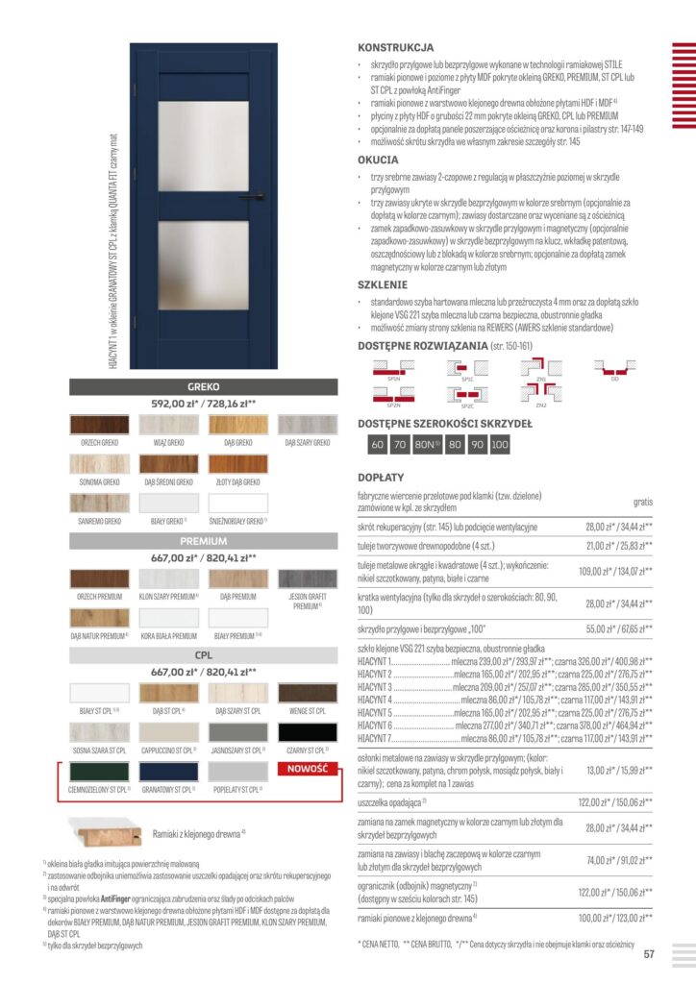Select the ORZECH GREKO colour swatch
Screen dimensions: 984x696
click(99, 425)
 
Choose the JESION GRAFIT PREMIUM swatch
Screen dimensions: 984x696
click(308, 578)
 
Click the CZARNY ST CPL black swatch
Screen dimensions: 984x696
click(308, 733)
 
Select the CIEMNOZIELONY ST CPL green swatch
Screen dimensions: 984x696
click(99, 772)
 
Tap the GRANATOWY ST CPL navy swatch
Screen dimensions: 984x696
click(168, 772)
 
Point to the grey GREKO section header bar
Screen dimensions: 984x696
click(204, 386)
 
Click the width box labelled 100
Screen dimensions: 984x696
click(500, 445)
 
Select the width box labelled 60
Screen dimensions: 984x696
click(378, 445)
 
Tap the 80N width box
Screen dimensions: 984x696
click(425, 445)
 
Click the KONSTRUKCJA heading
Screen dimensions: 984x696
click(395, 46)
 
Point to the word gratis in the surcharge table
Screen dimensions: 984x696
click(642, 502)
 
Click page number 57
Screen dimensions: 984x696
click(649, 954)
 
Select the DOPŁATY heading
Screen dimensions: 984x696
click(380, 476)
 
